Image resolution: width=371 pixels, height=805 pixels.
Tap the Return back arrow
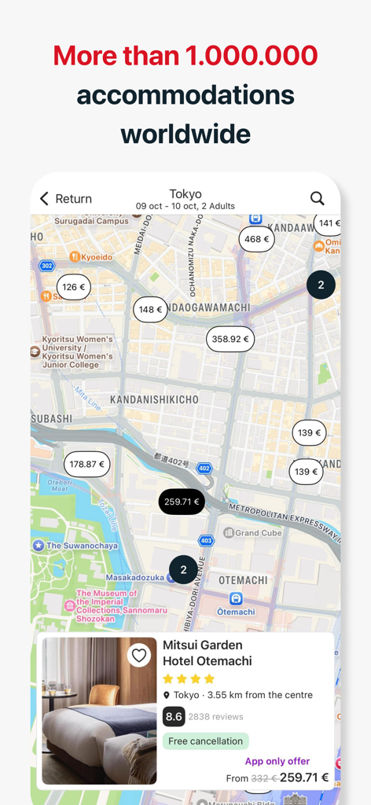45,199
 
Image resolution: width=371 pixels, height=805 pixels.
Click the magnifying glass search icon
317,198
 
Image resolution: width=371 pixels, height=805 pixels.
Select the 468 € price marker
257,239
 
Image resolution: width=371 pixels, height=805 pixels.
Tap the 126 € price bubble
74,287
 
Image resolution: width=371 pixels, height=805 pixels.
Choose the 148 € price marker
150,310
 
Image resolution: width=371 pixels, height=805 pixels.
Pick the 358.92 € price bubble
230,339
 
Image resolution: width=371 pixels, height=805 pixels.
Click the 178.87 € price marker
87,465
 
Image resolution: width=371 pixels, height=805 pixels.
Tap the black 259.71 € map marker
182,502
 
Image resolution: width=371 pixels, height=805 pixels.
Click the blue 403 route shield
206,541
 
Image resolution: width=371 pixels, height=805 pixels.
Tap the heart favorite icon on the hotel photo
139,655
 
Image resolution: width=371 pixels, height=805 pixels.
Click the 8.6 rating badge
174,716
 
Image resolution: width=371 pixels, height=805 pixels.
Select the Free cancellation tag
205,741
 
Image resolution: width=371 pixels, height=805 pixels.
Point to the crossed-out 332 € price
265,778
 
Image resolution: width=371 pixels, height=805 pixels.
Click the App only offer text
277,761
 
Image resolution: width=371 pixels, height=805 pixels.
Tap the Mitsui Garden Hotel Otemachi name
207,652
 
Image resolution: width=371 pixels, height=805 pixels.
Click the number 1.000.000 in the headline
252,56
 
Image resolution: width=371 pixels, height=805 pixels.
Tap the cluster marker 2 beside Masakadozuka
183,570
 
